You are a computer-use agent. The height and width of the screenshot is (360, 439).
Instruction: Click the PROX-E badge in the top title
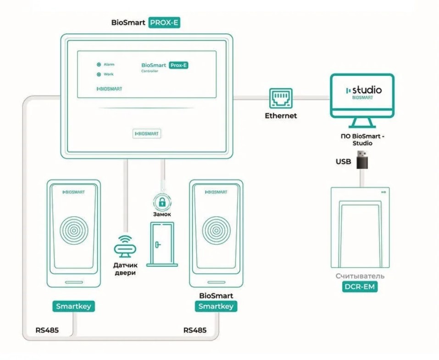click(165, 22)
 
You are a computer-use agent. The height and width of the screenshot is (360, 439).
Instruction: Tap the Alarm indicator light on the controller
click(98, 65)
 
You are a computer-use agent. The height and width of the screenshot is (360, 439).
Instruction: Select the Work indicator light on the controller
click(98, 74)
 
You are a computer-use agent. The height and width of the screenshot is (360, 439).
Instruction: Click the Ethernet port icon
click(281, 98)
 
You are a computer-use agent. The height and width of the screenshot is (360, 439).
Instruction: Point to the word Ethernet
click(281, 116)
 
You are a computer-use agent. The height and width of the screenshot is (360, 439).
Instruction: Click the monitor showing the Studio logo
click(362, 95)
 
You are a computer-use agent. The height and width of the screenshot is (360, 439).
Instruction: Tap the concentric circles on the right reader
click(216, 229)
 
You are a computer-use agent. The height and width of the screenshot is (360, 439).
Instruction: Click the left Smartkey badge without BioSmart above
click(73, 306)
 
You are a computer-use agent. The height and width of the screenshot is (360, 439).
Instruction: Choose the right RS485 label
click(195, 330)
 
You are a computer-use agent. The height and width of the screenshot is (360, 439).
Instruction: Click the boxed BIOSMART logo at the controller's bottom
click(147, 134)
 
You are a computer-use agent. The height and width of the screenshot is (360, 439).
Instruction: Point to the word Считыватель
click(360, 276)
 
